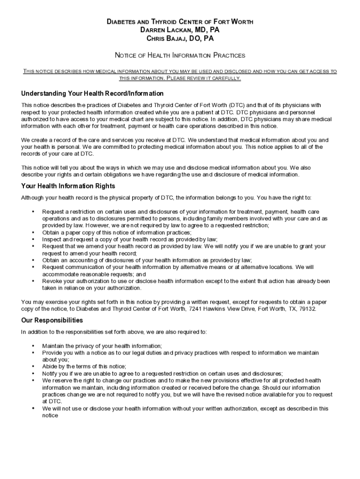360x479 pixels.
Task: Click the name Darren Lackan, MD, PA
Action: tap(180, 30)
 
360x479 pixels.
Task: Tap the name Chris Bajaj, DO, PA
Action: tap(180, 38)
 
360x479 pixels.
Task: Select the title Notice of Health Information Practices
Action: tap(180, 55)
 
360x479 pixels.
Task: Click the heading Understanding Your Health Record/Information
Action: tap(93, 94)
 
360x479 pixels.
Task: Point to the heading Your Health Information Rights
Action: tap(68, 186)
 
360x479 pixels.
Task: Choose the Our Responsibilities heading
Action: tap(52, 320)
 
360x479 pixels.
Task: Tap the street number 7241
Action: tap(196, 309)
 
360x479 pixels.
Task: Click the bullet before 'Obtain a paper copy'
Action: tap(33, 232)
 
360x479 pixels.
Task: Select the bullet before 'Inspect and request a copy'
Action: tap(33, 239)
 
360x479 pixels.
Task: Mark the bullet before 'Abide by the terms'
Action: tap(33, 367)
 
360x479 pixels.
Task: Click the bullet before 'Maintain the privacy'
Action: tap(33, 346)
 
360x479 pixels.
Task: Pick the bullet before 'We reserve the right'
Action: tap(33, 381)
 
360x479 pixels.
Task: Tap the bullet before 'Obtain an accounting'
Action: tap(33, 260)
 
